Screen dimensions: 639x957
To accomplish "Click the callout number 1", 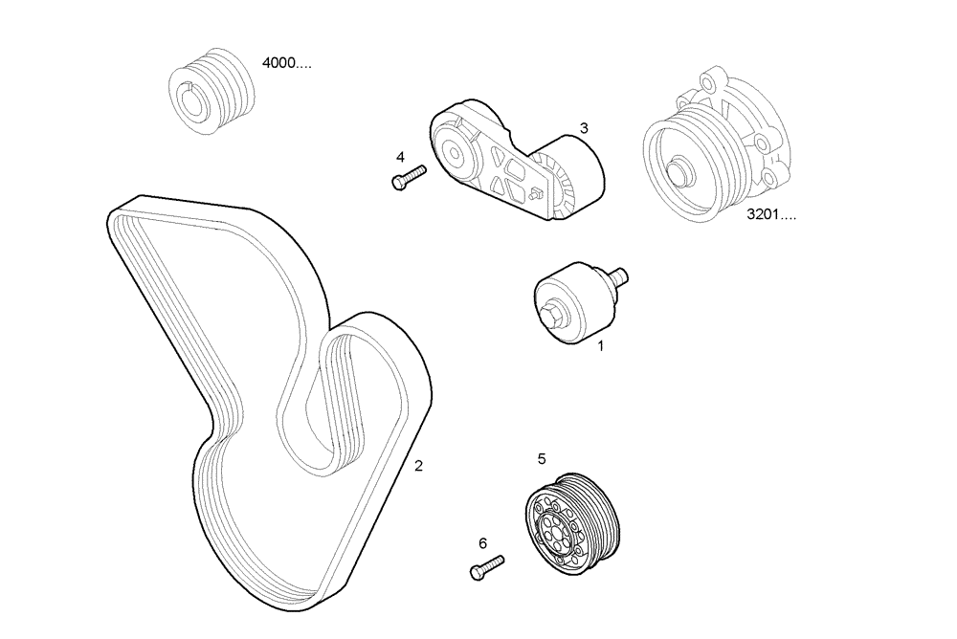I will [x=601, y=346].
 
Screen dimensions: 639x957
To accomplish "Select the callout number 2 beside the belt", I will [x=418, y=466].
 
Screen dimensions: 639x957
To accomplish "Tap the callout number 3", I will [x=583, y=127].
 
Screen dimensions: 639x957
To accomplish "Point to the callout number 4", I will [x=401, y=157].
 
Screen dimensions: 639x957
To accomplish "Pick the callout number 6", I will [x=483, y=543].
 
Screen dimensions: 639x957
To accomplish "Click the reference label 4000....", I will [x=286, y=64].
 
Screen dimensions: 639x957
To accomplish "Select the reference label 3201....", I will [x=771, y=215].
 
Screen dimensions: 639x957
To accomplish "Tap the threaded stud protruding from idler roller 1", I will [x=618, y=276].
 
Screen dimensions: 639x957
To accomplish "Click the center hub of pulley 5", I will [x=553, y=531].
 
